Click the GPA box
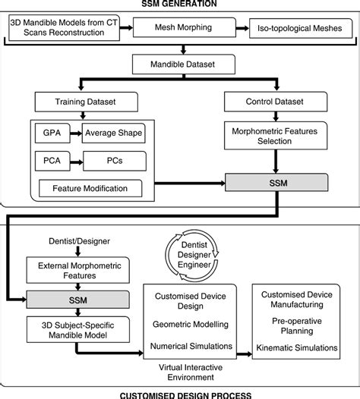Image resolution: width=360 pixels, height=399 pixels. coord(46,134)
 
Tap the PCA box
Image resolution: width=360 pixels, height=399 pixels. coord(46,161)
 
